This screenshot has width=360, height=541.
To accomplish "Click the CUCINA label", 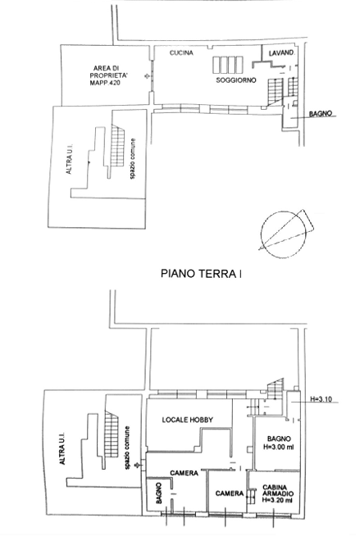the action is (181, 52).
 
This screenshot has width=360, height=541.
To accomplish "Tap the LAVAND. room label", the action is (281, 53).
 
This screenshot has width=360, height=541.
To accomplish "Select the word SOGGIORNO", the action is (236, 80).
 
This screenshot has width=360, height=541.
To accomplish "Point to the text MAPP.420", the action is (105, 83).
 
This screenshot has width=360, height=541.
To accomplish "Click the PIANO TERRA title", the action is (201, 274).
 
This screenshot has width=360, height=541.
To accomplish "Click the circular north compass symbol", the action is (284, 234).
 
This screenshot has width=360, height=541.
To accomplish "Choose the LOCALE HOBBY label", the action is (188, 420).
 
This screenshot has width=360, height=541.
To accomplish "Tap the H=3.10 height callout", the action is (321, 399).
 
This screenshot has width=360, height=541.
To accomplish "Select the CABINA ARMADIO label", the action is (275, 490).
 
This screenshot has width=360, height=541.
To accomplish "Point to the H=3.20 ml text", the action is (277, 499).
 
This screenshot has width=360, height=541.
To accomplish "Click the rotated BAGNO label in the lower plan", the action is (158, 493).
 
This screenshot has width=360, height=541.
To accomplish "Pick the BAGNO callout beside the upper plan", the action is (321, 113).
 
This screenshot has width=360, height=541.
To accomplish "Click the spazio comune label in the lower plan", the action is (128, 448).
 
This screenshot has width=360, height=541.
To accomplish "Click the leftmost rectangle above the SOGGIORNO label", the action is (216, 66).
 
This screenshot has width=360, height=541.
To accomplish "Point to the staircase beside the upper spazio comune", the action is (117, 145).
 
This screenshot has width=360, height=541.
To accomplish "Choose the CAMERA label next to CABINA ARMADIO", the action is (230, 493).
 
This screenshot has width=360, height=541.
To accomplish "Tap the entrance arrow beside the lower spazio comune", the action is (139, 465).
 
